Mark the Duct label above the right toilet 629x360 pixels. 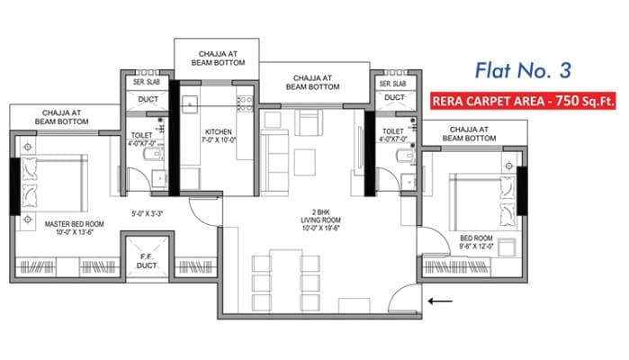coord(394,97)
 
